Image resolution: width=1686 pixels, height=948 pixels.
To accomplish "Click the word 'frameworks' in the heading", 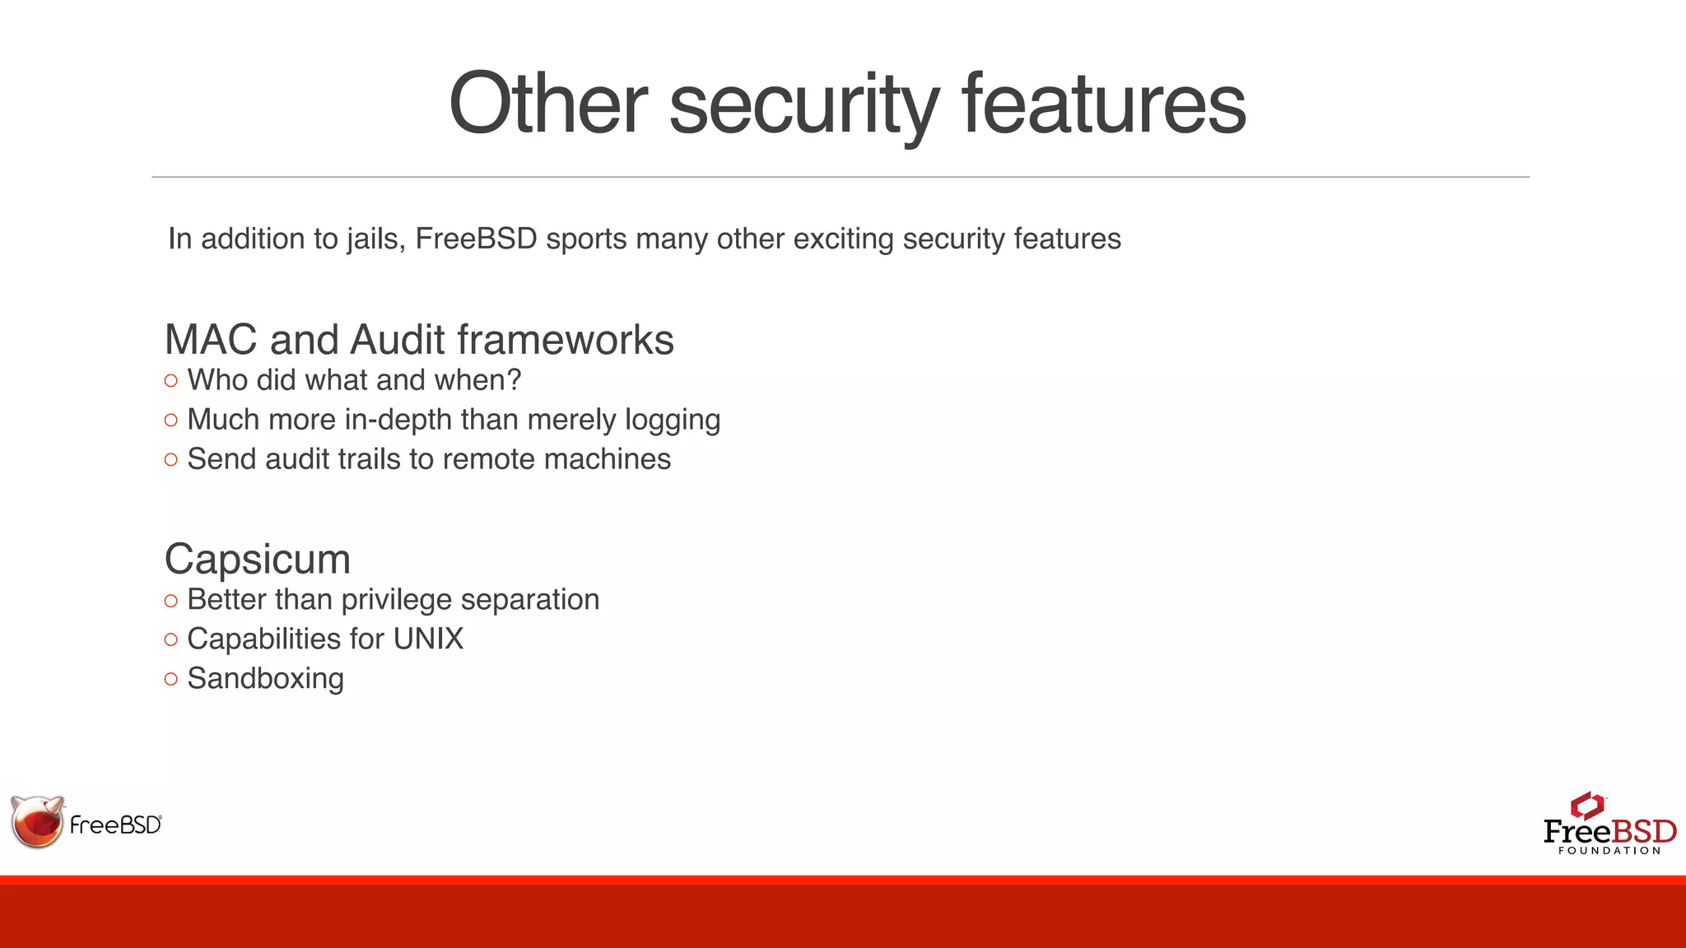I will click(x=566, y=340).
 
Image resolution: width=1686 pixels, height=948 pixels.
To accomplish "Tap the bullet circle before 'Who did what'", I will click(x=171, y=381).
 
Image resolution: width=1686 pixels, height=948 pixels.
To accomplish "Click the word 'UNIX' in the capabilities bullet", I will click(x=428, y=639).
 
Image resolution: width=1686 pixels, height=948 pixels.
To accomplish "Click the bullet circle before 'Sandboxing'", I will click(x=171, y=680).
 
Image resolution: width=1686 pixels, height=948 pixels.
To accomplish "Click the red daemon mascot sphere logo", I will click(x=38, y=822).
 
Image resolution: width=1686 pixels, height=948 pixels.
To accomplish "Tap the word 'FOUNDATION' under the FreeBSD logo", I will click(x=1609, y=851).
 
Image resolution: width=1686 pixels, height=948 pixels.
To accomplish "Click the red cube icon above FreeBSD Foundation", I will click(x=1587, y=806).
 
